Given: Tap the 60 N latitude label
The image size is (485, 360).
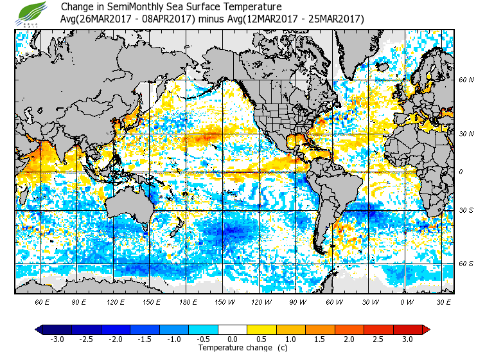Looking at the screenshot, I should pos(466,80).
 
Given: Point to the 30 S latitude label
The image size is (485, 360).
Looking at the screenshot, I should pos(466,210).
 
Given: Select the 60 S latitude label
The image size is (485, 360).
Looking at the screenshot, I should pos(466,264).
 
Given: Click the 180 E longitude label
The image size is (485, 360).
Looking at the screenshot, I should pos(188,301).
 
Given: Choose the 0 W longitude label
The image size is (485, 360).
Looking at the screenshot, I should pos(407,301).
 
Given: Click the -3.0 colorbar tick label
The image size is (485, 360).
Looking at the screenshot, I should pos(57,339).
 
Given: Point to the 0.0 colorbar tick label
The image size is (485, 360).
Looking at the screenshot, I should pos(233,339).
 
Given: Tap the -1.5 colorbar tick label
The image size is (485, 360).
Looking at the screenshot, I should pos(145,339).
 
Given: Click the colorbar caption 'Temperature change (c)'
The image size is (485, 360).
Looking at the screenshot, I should pos(233,348).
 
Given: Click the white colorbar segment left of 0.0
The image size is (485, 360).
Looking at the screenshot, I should pos(225,330).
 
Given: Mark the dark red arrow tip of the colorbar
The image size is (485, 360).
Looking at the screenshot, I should pos(425,330).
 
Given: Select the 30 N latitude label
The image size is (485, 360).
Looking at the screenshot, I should pos(466,134).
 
